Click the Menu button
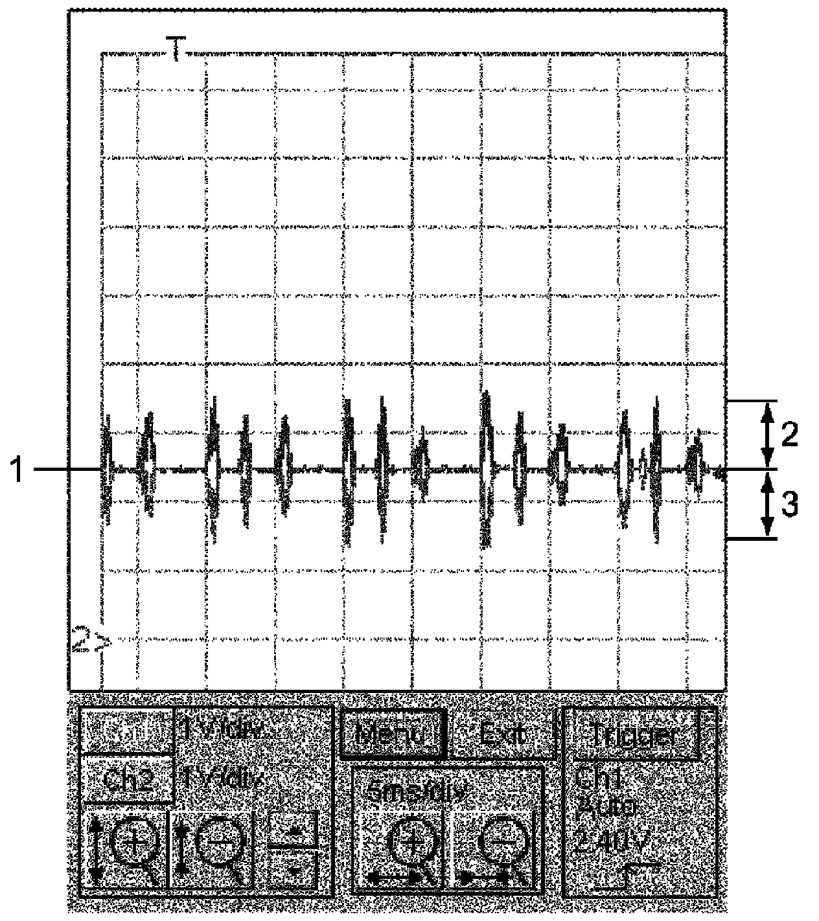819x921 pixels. tap(393, 734)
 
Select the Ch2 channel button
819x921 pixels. tap(127, 779)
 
